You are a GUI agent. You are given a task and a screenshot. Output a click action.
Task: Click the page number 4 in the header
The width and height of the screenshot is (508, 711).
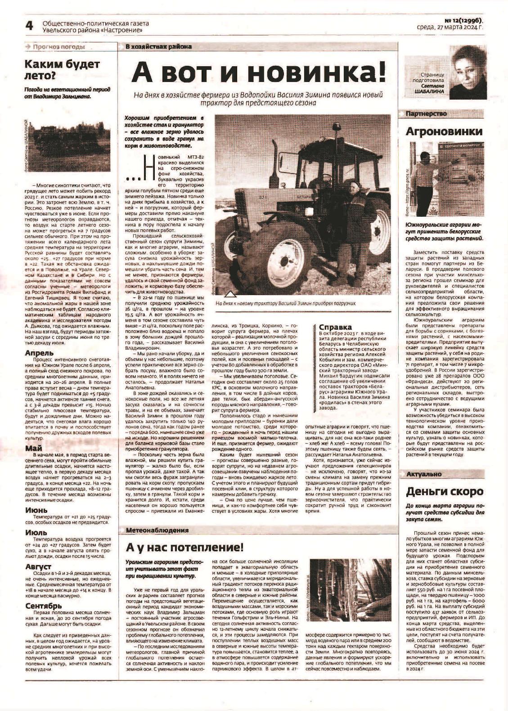click(30, 27)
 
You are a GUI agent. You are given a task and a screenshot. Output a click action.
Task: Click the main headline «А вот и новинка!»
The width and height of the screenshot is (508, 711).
click(258, 72)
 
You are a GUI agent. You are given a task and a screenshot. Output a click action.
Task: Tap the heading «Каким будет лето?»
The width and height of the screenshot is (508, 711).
click(62, 70)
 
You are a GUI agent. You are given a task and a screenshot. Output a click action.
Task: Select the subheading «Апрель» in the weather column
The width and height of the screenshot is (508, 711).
click(40, 353)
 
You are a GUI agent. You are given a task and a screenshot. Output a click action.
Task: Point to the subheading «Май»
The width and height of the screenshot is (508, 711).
click(34, 448)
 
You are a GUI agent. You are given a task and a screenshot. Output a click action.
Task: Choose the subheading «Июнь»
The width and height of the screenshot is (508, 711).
click(36, 510)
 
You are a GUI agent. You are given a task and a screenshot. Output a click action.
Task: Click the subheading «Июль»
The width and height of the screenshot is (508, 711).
click(36, 533)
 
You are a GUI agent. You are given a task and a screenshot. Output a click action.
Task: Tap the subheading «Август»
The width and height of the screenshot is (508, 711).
click(38, 566)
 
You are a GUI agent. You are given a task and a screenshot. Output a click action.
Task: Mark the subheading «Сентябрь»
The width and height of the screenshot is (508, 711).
click(44, 606)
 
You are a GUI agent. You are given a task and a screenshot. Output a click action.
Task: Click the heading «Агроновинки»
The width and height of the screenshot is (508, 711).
click(444, 132)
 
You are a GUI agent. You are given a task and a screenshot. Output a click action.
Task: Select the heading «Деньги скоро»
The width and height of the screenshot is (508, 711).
click(445, 491)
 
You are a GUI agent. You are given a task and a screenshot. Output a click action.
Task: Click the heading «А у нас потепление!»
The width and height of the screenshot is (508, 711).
click(184, 547)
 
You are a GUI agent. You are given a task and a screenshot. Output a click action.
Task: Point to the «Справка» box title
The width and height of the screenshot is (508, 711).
click(335, 327)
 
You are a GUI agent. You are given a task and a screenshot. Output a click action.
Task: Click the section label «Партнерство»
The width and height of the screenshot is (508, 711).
click(426, 114)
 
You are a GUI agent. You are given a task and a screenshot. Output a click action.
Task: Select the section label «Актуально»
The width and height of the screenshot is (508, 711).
click(424, 474)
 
